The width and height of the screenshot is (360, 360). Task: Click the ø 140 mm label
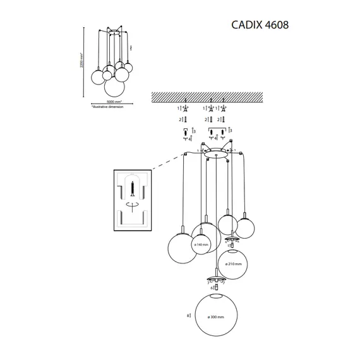point(201,244)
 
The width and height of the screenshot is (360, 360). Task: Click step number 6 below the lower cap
point(210,287)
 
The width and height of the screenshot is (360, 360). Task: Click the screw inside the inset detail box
point(133,188)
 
